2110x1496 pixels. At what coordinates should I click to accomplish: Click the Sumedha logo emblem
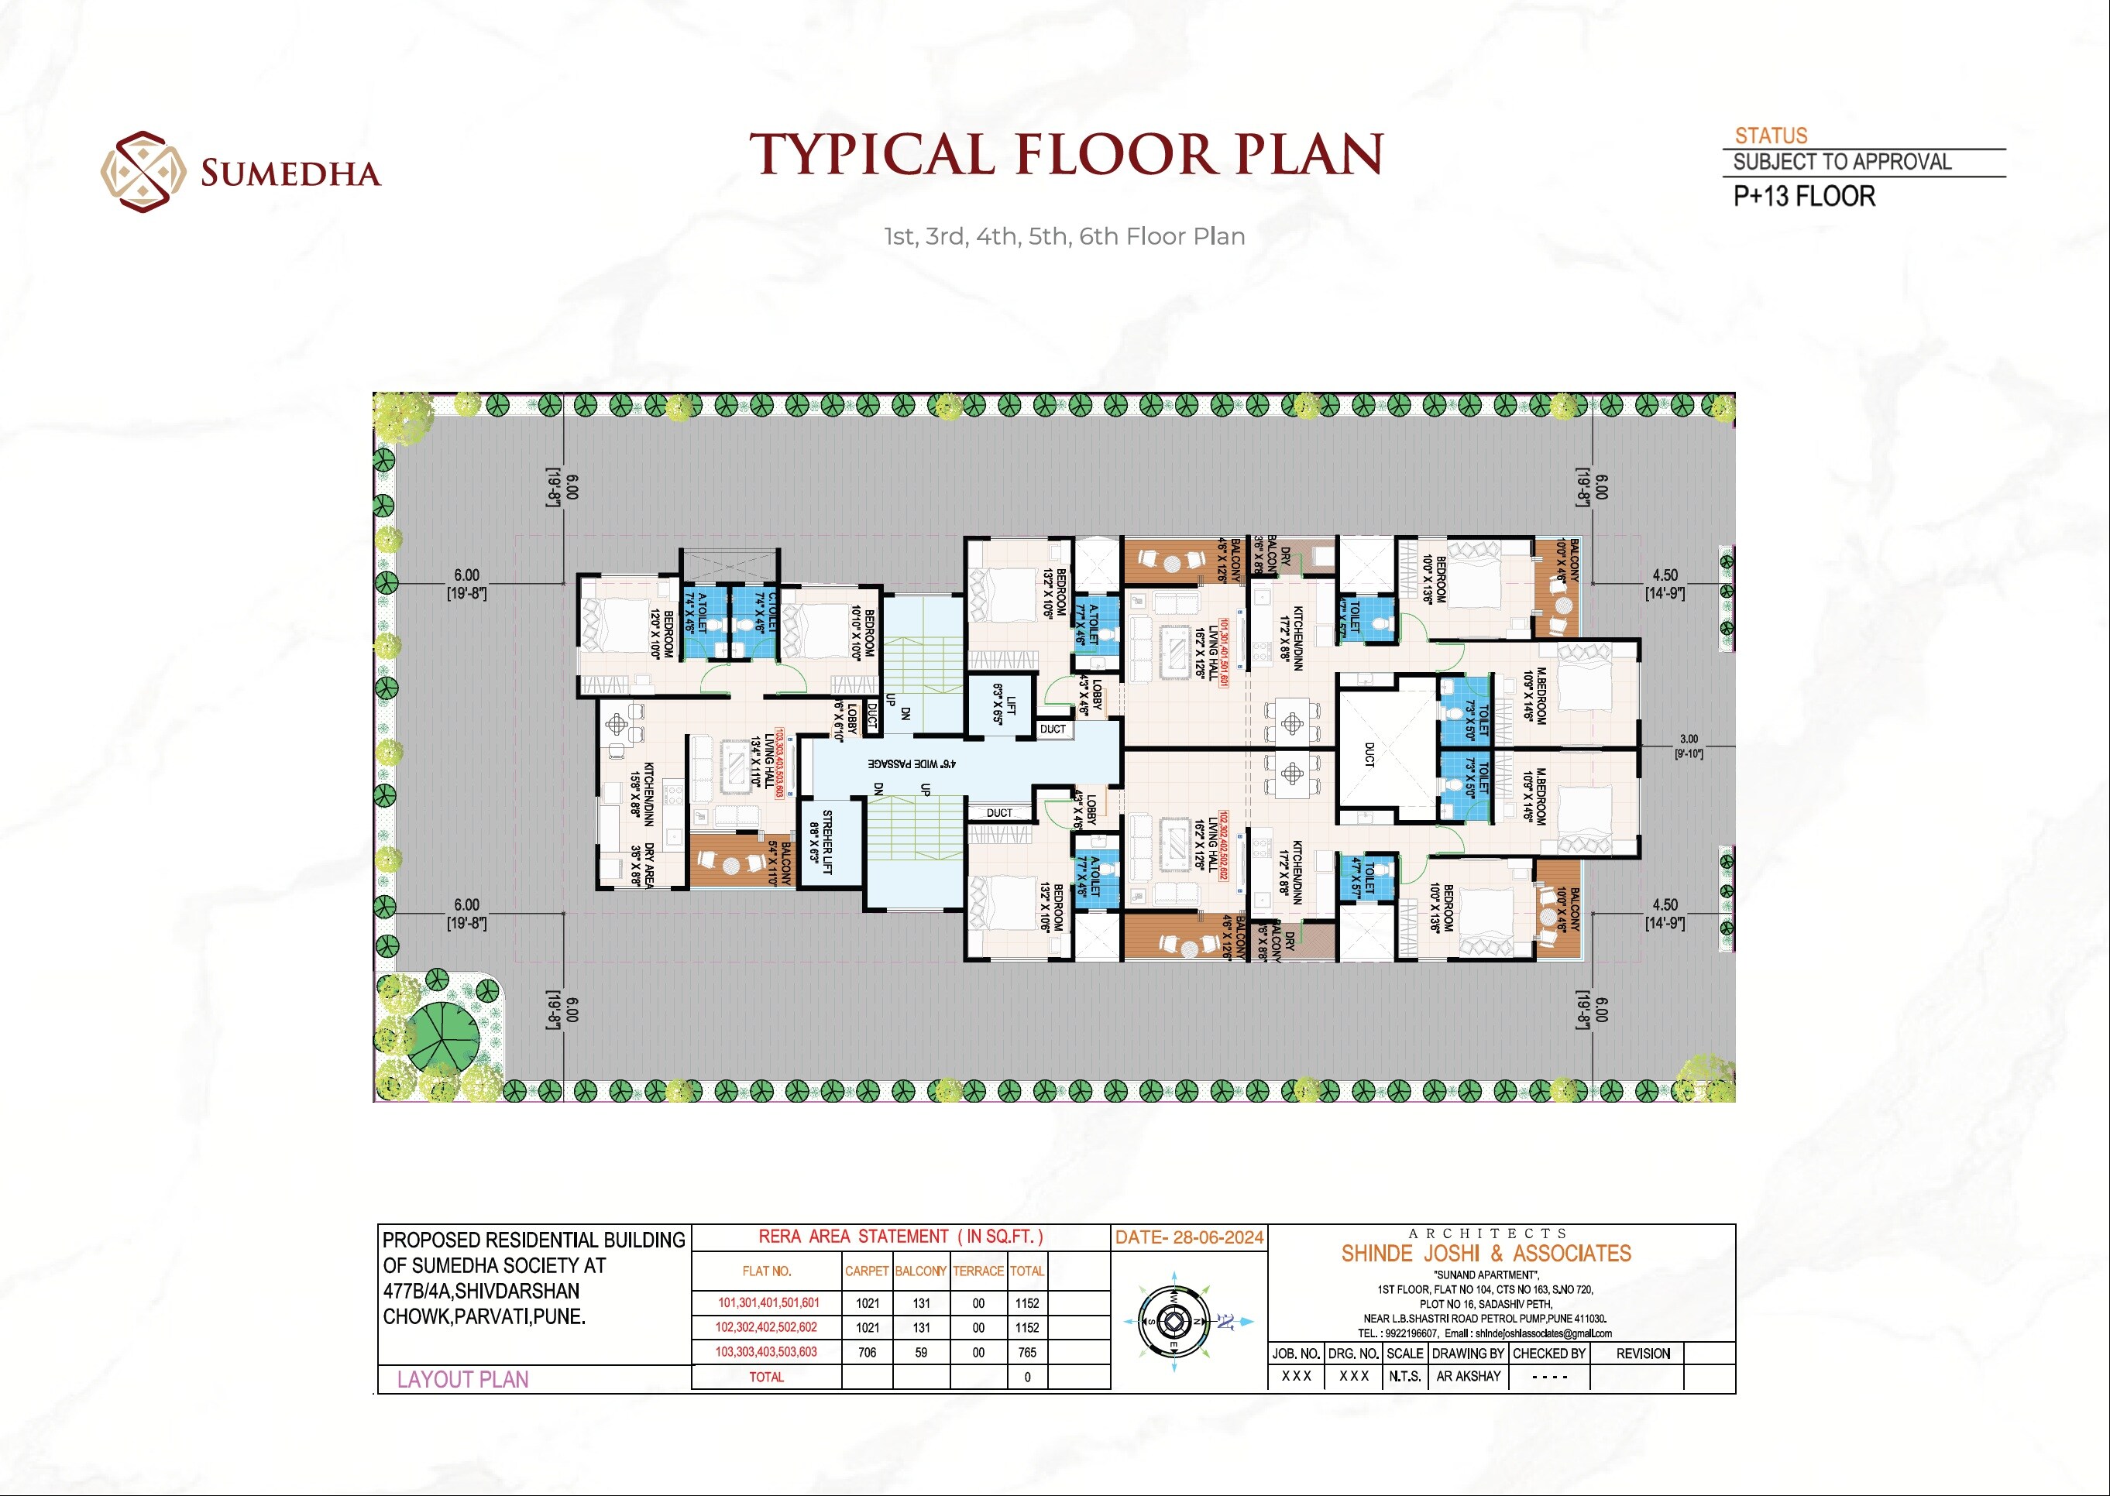(x=137, y=171)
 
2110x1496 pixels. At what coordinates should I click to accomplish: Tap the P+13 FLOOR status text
(x=1803, y=196)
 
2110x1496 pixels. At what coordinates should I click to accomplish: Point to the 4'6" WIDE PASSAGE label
(x=912, y=763)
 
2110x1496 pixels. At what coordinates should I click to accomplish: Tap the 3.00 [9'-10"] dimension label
(x=1688, y=746)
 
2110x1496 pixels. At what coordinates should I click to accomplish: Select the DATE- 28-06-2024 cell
(x=1188, y=1237)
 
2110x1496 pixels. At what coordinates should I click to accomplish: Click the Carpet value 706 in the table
(x=867, y=1352)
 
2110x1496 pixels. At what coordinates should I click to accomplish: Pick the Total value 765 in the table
(x=1026, y=1352)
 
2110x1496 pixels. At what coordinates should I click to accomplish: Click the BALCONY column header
(x=920, y=1271)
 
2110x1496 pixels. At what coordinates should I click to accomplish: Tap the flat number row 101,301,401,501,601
(x=768, y=1302)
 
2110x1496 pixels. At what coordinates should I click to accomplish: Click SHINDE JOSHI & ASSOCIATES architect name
(x=1486, y=1254)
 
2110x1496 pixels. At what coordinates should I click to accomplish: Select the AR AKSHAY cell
(x=1468, y=1376)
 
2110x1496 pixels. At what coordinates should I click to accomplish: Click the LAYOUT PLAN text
(x=462, y=1379)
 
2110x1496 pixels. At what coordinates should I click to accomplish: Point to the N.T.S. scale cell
(x=1405, y=1376)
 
